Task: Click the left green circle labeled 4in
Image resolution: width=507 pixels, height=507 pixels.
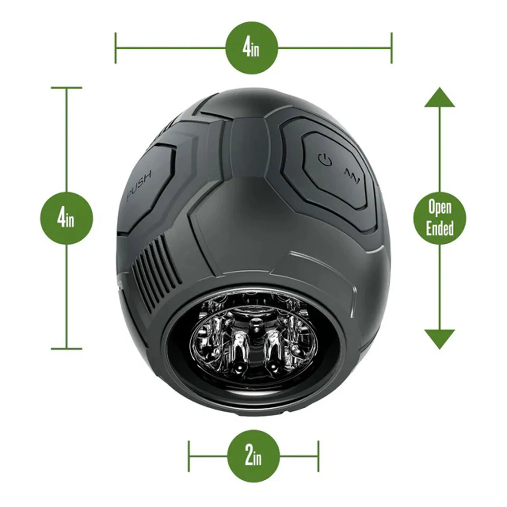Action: point(66,218)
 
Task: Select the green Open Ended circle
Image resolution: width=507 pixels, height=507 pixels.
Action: point(440,218)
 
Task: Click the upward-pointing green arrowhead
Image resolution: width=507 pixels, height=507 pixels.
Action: point(439,98)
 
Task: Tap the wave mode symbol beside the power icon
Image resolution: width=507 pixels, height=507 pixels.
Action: point(352,176)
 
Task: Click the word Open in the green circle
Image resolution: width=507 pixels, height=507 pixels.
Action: point(440,208)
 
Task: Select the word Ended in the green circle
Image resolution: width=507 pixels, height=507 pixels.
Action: point(440,228)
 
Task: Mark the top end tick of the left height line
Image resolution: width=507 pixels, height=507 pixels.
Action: point(67,88)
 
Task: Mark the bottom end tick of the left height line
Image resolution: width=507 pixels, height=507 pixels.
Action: point(67,348)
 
